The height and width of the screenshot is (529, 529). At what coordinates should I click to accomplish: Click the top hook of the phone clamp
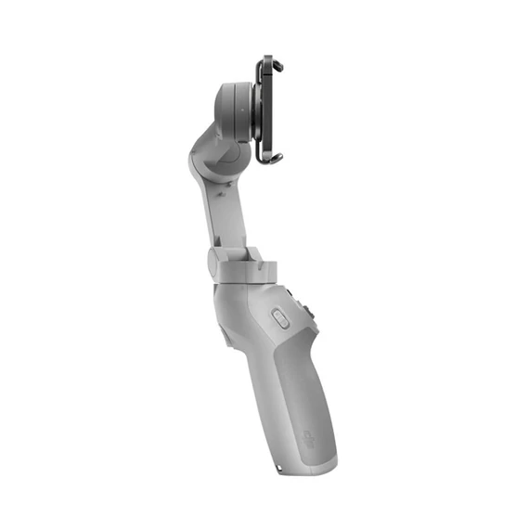(x=268, y=62)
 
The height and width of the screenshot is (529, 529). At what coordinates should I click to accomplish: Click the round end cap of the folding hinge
(x=214, y=261)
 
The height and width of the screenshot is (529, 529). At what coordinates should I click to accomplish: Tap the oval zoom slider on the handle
(x=278, y=318)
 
